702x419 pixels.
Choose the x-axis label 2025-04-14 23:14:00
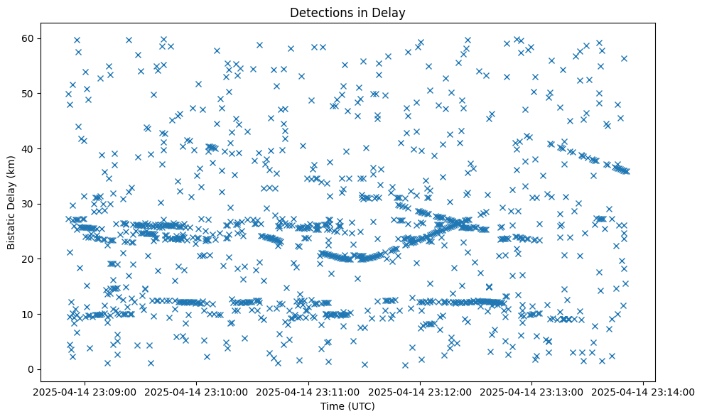[643, 391]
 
